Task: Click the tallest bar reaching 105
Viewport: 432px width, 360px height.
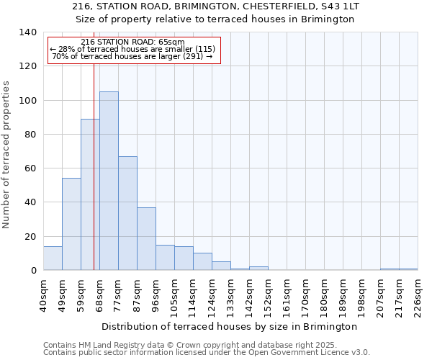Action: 109,181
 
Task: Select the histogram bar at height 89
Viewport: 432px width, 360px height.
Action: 90,194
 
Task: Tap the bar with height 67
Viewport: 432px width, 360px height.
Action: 127,213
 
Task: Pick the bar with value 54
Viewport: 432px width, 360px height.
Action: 71,224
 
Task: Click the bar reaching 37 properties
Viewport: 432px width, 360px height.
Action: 146,238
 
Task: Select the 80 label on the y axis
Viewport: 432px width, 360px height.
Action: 30,135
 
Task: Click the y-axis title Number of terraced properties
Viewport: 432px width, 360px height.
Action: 7,155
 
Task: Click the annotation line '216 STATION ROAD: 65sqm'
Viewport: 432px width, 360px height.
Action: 133,42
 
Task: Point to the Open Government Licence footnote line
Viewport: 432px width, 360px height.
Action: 207,353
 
